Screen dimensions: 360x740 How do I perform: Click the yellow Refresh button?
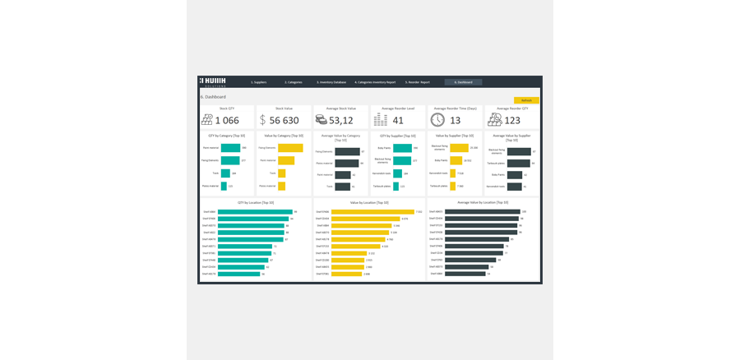click(526, 100)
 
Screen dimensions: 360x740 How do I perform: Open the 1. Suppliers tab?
click(259, 82)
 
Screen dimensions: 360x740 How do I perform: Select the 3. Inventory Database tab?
click(331, 82)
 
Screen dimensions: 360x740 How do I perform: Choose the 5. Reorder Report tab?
click(417, 82)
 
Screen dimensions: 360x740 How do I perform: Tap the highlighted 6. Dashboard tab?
click(463, 82)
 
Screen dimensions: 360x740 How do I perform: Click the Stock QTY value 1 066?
click(227, 120)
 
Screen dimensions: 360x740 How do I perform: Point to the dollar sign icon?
click(263, 120)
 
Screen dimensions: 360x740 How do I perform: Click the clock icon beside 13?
click(437, 120)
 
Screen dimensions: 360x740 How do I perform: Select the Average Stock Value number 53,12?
click(341, 120)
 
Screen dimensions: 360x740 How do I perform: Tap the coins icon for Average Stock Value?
click(321, 120)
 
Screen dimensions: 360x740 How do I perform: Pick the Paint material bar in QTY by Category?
click(230, 148)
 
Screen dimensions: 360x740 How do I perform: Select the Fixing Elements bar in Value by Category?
click(290, 148)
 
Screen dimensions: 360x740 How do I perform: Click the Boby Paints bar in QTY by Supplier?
click(402, 148)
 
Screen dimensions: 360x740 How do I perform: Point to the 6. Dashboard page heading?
click(213, 97)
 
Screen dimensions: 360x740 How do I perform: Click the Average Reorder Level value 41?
click(398, 120)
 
